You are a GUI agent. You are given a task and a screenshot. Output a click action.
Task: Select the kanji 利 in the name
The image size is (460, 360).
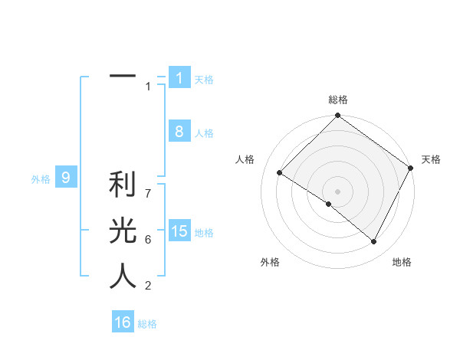(123, 185)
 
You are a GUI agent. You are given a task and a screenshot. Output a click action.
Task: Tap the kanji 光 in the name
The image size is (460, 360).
(123, 231)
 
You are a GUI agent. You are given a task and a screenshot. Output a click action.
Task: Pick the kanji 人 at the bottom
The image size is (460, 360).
(123, 276)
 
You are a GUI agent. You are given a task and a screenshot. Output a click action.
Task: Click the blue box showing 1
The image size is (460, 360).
(179, 78)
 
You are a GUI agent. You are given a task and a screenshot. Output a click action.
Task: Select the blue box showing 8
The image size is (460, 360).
(179, 132)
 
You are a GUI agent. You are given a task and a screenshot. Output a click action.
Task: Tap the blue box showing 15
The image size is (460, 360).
(179, 231)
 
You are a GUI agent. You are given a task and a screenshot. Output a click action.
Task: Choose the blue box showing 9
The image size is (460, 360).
(66, 178)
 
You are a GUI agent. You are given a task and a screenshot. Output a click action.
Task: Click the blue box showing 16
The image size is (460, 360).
(123, 322)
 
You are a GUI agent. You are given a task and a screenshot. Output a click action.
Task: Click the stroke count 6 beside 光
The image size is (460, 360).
(148, 240)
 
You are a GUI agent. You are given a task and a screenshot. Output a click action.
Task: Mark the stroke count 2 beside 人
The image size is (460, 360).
(148, 286)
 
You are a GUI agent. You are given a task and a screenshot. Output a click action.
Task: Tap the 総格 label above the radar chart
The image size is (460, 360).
(338, 100)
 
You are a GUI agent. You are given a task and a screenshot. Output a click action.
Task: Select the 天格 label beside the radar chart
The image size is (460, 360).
(431, 159)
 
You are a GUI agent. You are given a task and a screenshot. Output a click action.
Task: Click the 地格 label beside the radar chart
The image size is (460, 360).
(402, 262)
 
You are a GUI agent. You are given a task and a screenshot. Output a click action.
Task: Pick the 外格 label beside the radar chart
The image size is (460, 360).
(270, 262)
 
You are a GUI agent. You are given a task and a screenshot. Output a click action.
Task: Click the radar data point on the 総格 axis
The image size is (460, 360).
(338, 116)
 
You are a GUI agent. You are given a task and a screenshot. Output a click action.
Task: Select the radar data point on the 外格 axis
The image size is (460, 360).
(329, 204)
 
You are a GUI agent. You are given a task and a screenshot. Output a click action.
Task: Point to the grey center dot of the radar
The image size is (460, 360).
(338, 191)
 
